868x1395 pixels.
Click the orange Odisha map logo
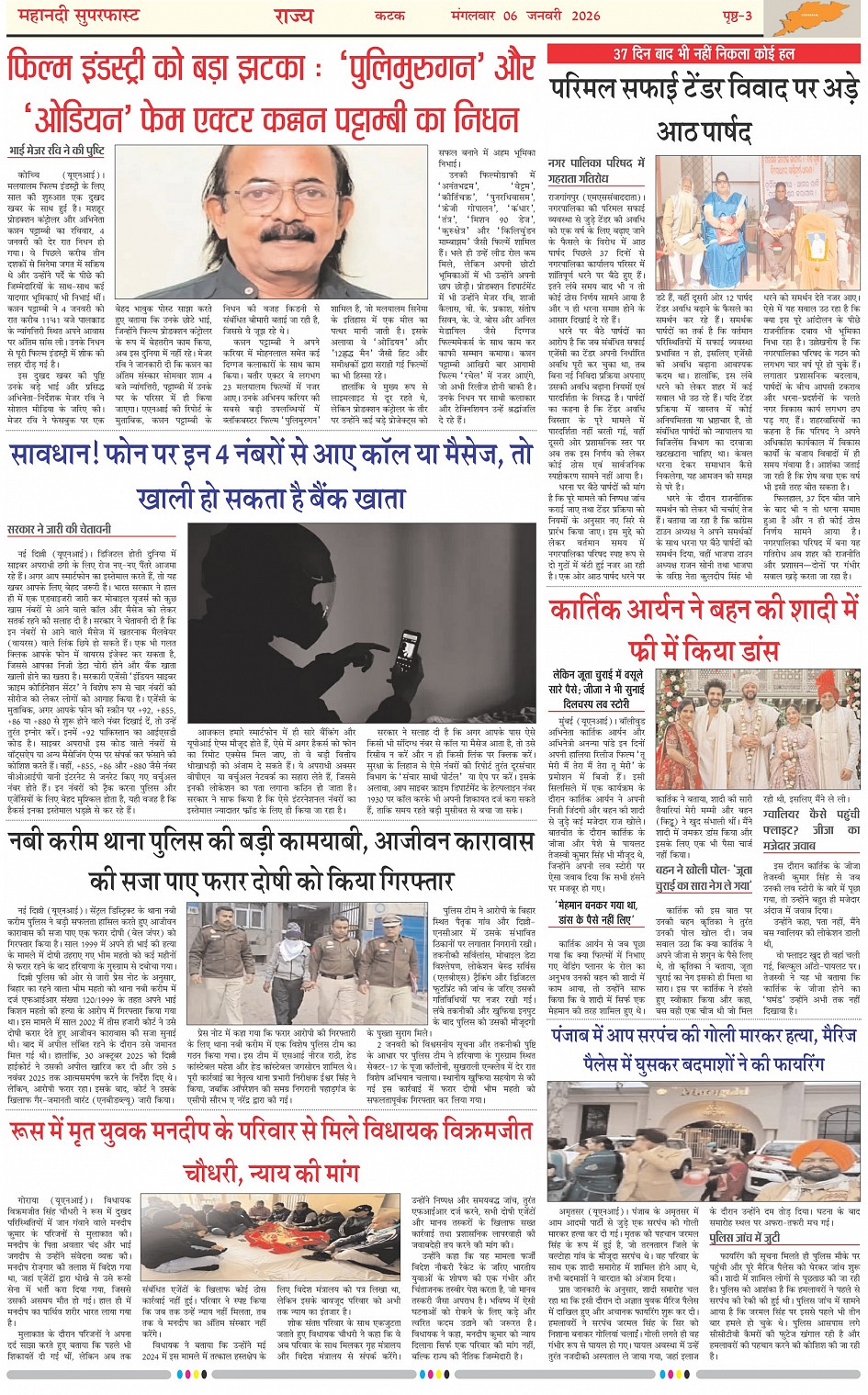pos(806,17)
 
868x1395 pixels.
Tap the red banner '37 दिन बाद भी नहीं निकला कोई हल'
pos(704,53)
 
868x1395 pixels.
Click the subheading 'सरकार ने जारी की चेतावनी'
pos(60,529)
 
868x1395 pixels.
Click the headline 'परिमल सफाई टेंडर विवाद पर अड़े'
pos(705,90)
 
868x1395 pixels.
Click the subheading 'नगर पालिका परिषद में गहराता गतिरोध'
pos(596,171)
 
